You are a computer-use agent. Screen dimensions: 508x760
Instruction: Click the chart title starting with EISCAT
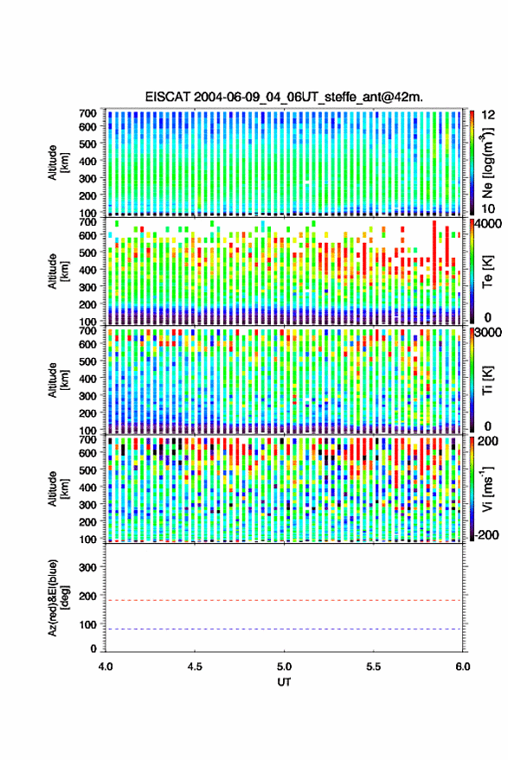pyautogui.click(x=284, y=97)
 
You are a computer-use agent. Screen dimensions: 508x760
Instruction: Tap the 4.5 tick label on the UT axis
pyautogui.click(x=195, y=667)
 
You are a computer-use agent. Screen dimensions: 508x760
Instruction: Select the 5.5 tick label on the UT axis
pyautogui.click(x=373, y=667)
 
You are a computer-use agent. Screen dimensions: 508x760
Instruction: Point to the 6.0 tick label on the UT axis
pyautogui.click(x=462, y=667)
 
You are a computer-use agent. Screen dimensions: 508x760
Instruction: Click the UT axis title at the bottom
pyautogui.click(x=284, y=682)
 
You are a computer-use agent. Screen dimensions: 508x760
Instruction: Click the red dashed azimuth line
pyautogui.click(x=284, y=600)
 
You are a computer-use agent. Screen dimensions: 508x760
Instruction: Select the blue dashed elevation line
pyautogui.click(x=284, y=629)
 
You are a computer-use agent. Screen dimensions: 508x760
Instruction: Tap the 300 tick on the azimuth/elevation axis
pyautogui.click(x=87, y=567)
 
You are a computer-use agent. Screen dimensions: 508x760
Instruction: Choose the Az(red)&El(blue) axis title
pyautogui.click(x=58, y=597)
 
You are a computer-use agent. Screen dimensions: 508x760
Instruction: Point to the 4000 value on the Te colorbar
pyautogui.click(x=487, y=225)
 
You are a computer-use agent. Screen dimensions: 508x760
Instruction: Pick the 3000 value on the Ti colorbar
pyautogui.click(x=487, y=333)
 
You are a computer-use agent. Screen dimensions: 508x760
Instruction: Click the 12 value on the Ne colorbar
pyautogui.click(x=489, y=115)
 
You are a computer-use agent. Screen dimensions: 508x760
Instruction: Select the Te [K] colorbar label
pyautogui.click(x=487, y=271)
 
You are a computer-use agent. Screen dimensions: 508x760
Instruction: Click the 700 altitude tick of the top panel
pyautogui.click(x=87, y=113)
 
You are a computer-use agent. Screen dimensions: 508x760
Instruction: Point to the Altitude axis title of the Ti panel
pyautogui.click(x=58, y=380)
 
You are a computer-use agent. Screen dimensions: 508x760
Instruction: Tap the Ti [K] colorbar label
pyautogui.click(x=487, y=380)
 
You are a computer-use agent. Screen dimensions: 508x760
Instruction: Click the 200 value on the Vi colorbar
pyautogui.click(x=487, y=441)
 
